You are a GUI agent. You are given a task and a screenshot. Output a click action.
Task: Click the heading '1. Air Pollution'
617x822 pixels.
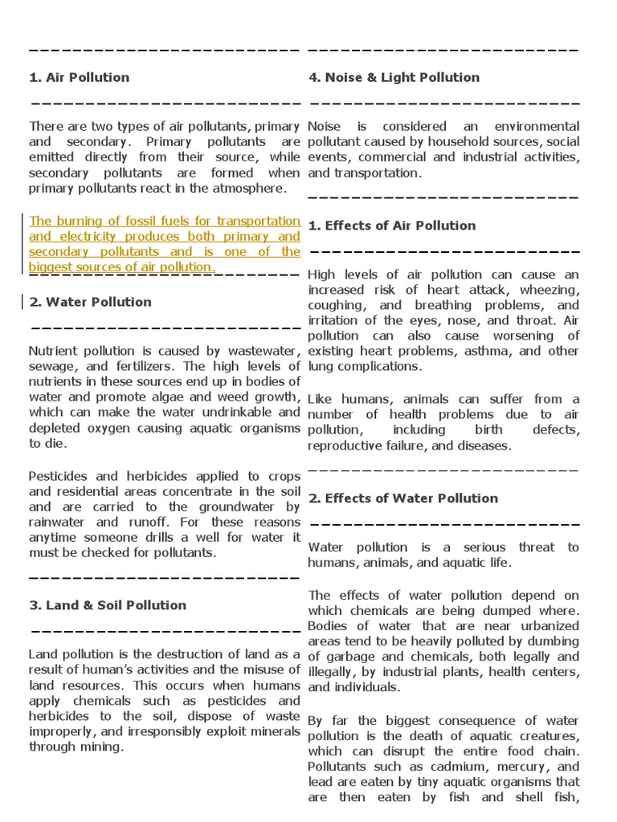79,78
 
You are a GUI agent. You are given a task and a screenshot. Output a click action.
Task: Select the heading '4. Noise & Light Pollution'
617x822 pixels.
394,78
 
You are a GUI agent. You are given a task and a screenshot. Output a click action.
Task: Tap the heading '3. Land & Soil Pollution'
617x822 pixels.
108,605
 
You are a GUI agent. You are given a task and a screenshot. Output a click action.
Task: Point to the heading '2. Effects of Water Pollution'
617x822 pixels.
403,498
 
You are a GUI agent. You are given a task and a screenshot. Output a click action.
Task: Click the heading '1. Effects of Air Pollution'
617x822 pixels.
392,226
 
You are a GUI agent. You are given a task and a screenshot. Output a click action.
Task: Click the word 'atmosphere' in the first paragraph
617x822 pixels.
254,188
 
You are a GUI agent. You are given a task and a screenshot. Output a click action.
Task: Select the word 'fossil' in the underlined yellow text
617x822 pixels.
140,221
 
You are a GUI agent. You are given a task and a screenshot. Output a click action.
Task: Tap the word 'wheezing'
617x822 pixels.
550,290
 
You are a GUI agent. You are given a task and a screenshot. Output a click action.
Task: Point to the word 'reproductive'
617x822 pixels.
341,446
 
